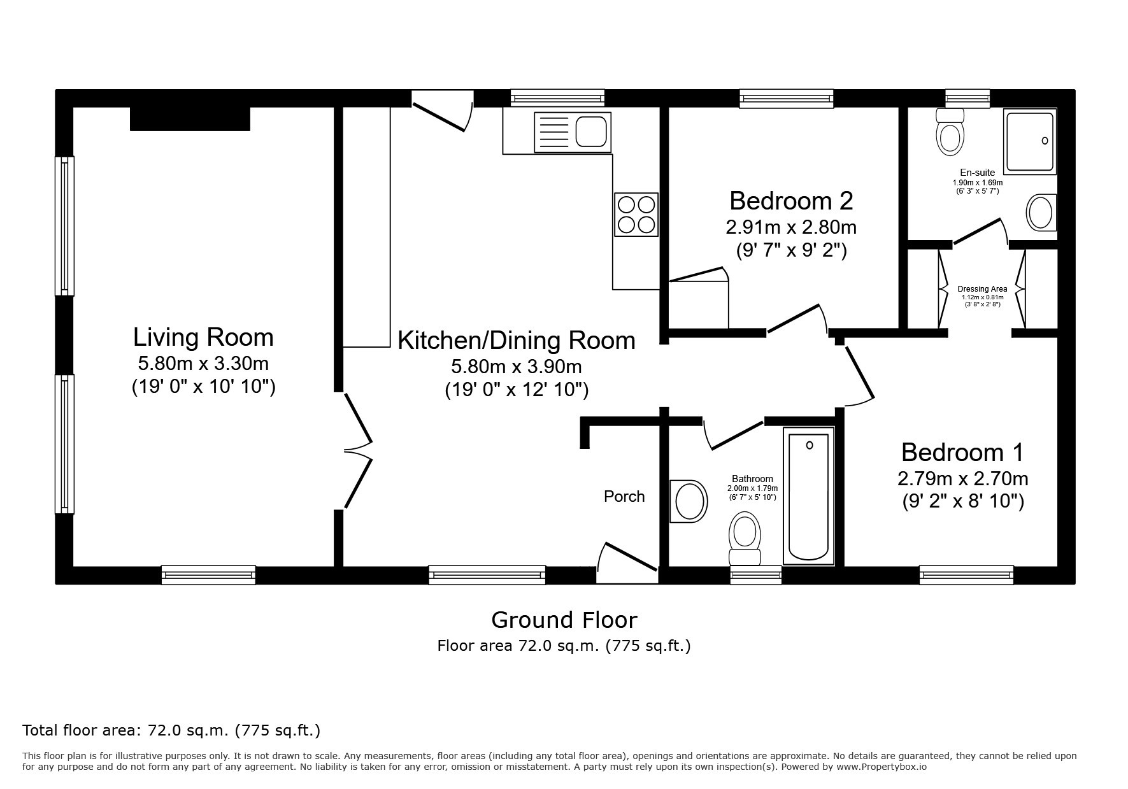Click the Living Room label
point(203,337)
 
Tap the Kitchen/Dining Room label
point(517,341)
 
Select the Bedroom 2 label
point(791,201)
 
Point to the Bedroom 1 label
point(962,452)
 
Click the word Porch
point(624,496)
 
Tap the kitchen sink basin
point(592,132)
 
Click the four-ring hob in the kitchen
point(636,214)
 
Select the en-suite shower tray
point(1029,141)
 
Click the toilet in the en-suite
point(950,132)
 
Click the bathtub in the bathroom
point(809,496)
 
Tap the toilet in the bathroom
point(745,538)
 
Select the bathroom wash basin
point(689,501)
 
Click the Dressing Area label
point(982,289)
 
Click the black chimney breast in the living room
point(190,119)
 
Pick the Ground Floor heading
point(564,620)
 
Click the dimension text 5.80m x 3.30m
point(203,364)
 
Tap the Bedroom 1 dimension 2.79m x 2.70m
point(962,478)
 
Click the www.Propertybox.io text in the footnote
point(881,767)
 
